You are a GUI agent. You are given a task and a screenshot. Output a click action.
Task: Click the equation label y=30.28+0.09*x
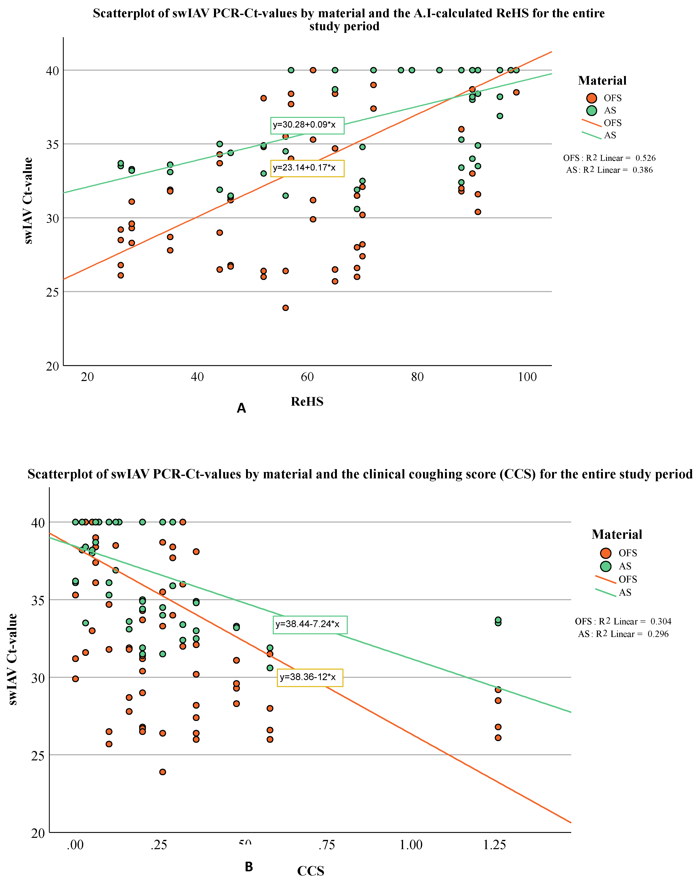point(307,125)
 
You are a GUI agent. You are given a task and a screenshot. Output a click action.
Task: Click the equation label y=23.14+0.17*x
point(307,168)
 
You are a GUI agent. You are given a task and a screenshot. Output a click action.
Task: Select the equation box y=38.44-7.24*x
point(310,624)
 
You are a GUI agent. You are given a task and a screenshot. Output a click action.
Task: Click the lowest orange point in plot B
point(162,772)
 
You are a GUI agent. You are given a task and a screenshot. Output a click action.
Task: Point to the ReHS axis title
point(307,402)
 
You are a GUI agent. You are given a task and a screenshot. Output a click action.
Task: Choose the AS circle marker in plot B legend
point(606,566)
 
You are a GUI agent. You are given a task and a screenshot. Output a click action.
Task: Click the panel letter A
point(241,408)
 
